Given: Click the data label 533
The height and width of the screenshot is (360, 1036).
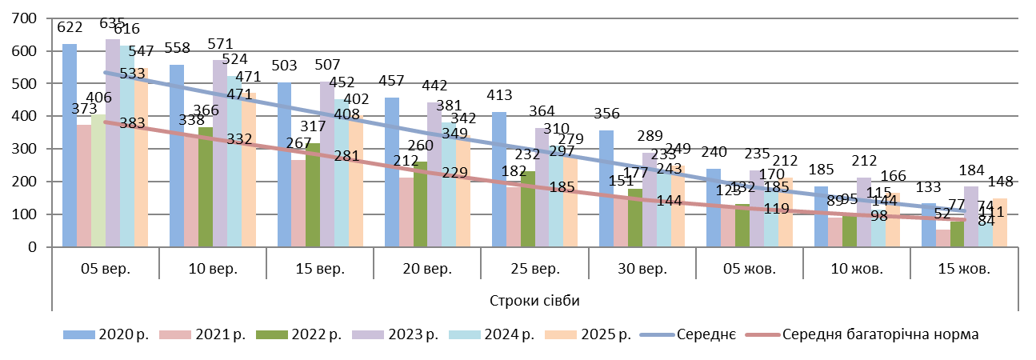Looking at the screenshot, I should (133, 74).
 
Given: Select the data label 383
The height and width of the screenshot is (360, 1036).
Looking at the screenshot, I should (133, 123).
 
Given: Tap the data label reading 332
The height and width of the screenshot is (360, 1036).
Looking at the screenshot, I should (240, 139).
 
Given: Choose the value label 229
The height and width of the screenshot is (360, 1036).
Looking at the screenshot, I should (454, 173).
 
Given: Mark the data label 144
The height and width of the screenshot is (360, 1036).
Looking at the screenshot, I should (669, 201).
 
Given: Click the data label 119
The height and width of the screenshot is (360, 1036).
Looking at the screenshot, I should (776, 210).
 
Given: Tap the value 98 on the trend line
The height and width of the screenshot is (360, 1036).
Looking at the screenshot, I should (879, 216).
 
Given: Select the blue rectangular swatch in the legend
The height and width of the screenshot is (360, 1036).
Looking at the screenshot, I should (79, 334).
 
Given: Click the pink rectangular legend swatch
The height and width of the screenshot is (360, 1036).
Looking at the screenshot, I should (175, 334).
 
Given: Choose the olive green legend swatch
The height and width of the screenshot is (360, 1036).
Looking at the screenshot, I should (272, 334).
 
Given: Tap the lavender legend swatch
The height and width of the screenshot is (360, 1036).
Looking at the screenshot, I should (368, 334).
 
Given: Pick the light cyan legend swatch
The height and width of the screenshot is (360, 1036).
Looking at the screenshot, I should (465, 334).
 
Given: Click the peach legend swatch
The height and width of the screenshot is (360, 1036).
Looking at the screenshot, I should (561, 334).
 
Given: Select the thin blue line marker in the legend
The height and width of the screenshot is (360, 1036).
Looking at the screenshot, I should (657, 334).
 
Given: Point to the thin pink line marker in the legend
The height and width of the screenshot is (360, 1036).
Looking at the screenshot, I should (762, 334).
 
